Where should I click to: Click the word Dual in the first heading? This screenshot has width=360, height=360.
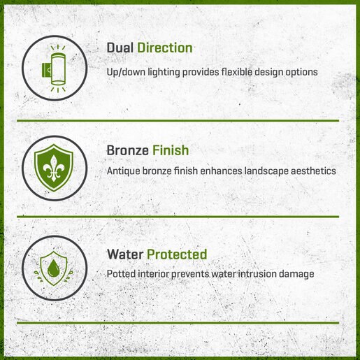(x=120, y=48)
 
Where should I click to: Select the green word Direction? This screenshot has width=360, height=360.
(x=165, y=48)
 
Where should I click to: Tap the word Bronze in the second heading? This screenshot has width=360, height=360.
(x=128, y=150)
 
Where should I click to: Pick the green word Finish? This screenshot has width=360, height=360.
(x=171, y=150)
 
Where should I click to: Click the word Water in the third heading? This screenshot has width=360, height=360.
(x=125, y=254)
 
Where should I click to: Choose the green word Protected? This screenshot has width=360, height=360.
(x=177, y=254)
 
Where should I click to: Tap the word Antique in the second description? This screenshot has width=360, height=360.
(x=123, y=171)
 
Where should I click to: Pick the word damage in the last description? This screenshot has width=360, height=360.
(x=296, y=274)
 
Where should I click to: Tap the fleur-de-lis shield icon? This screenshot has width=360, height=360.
(x=54, y=168)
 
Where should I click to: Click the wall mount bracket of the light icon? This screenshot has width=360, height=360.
(x=46, y=69)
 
